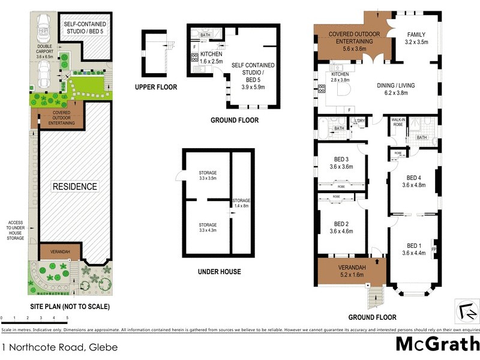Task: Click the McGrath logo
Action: (x=437, y=344)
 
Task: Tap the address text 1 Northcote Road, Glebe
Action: (x=59, y=347)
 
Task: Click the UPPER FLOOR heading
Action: (x=156, y=88)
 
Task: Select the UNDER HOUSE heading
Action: (x=220, y=272)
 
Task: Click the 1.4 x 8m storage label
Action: (x=241, y=203)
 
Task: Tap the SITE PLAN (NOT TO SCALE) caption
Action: (x=70, y=307)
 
